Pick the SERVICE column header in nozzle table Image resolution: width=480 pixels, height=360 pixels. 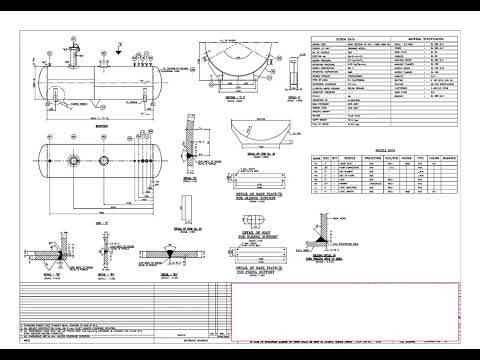pos(349,158)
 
